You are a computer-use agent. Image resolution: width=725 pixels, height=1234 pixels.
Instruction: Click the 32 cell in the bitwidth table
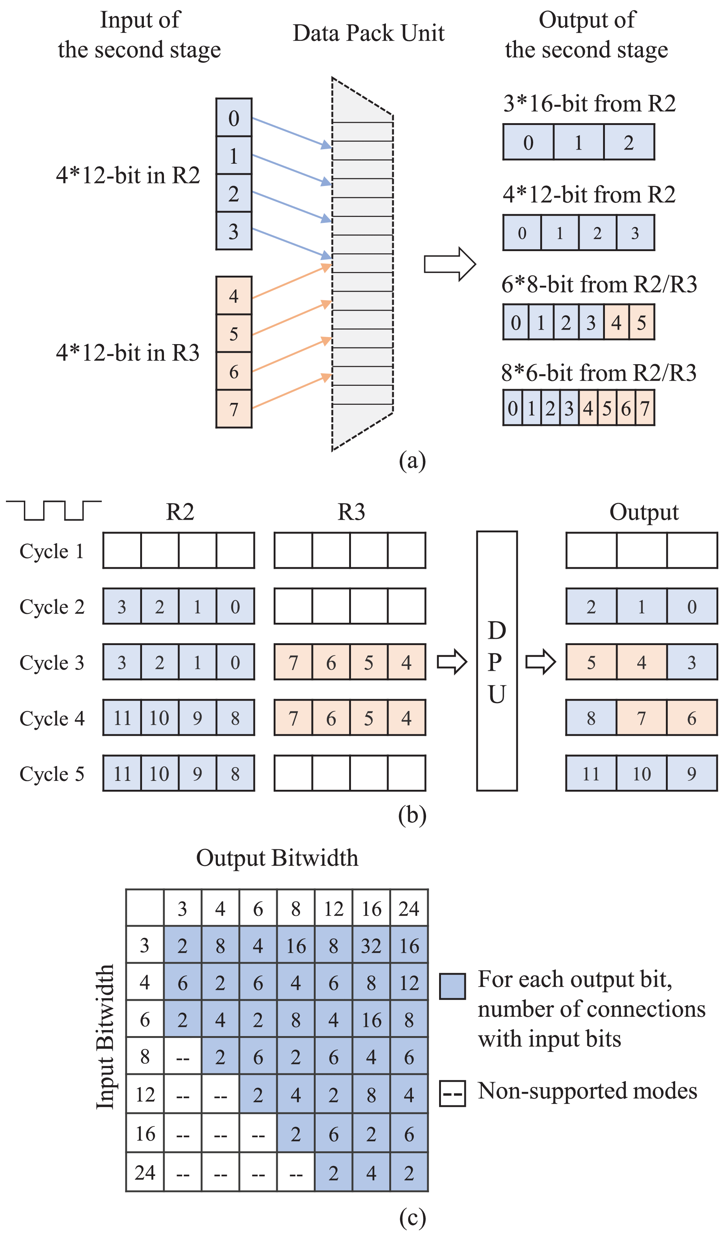[x=371, y=946]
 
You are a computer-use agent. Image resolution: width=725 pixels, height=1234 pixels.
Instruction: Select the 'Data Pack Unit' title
[x=368, y=33]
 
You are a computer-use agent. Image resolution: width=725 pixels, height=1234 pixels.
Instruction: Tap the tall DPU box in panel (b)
[x=496, y=661]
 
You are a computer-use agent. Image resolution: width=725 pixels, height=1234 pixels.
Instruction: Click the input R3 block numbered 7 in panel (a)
[x=233, y=409]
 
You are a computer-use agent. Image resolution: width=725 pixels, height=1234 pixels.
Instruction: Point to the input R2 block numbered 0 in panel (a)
[x=233, y=118]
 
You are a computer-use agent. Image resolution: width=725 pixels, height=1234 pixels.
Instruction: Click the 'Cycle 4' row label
[x=52, y=718]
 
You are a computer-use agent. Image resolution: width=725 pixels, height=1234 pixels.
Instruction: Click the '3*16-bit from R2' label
[x=589, y=104]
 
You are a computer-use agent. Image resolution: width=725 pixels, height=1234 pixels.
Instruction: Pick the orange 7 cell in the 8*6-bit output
[x=645, y=407]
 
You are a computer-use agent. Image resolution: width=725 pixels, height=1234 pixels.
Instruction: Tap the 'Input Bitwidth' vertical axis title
[x=105, y=1037]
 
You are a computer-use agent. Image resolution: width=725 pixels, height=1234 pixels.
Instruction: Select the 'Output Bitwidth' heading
[x=277, y=858]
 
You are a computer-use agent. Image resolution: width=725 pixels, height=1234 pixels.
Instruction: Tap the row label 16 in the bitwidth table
[x=145, y=1134]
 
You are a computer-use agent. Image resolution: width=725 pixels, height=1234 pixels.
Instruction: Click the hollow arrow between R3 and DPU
[x=451, y=662]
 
